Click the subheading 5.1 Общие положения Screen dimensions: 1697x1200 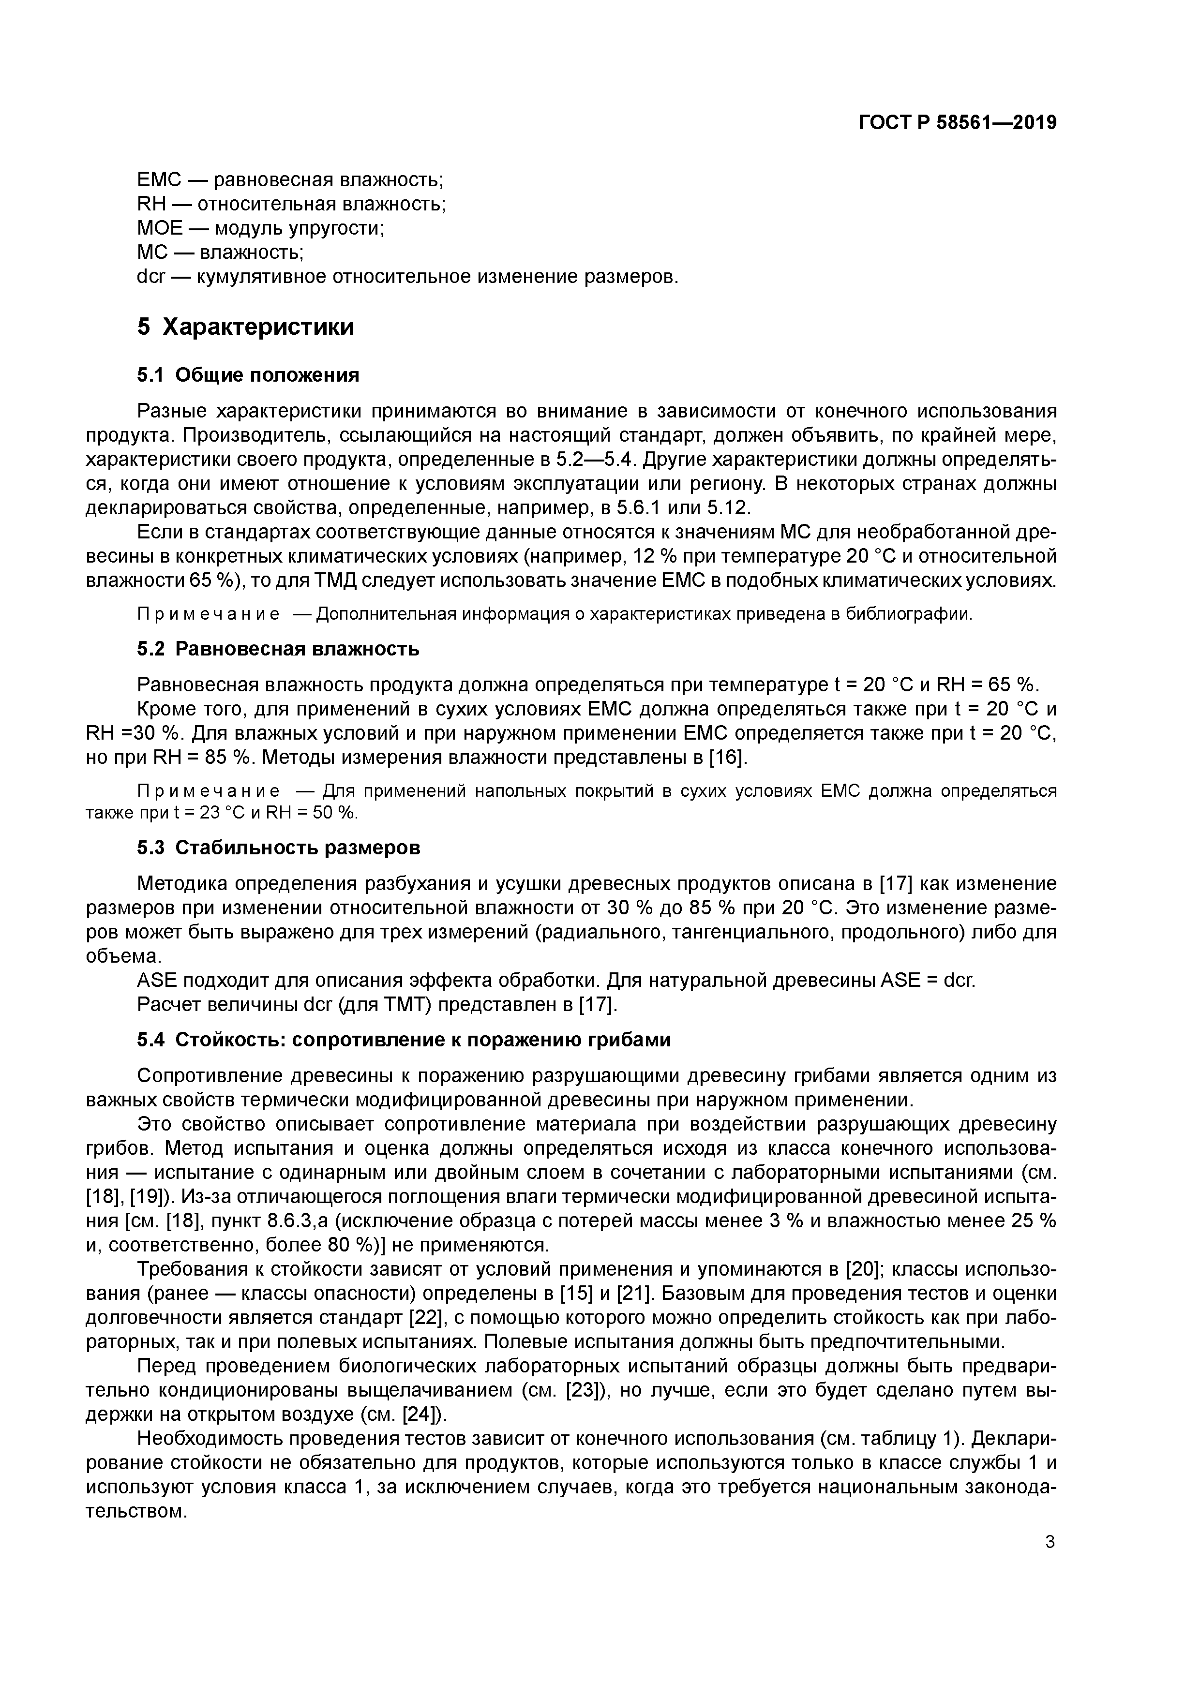click(248, 375)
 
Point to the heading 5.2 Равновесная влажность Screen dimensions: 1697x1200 click(278, 649)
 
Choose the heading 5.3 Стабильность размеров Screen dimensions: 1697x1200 click(278, 848)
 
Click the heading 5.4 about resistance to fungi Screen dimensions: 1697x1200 click(404, 1039)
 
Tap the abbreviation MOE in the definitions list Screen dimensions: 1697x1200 click(160, 228)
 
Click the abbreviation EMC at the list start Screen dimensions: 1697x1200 click(160, 179)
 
